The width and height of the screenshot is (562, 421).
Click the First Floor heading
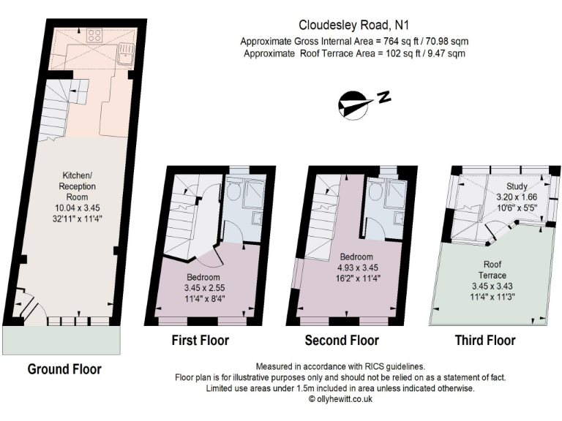click(x=200, y=340)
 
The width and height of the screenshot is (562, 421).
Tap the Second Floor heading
click(x=342, y=340)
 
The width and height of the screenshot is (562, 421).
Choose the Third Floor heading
click(x=484, y=340)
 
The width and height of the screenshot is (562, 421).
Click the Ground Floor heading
click(x=64, y=368)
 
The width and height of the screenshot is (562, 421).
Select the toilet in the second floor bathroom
click(x=375, y=192)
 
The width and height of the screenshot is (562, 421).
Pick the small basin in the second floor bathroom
click(x=399, y=219)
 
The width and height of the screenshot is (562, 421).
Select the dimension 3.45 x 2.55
click(x=203, y=287)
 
